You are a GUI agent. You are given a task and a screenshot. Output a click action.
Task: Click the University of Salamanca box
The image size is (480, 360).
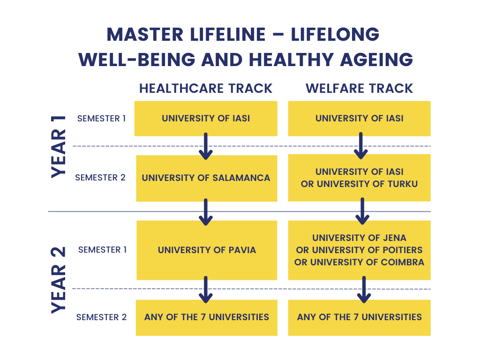206,178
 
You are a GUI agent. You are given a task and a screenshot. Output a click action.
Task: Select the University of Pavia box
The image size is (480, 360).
207,250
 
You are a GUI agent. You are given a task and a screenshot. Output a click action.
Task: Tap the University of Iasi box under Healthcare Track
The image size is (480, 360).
206,119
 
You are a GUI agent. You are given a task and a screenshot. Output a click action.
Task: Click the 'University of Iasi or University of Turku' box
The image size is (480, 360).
359,178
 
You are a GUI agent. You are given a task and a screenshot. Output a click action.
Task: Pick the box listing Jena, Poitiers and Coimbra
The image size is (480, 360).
359,250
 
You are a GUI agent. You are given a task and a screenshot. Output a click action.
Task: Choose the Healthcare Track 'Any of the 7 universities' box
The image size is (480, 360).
206,317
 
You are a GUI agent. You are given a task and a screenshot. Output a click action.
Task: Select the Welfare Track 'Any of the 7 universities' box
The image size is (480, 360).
359,317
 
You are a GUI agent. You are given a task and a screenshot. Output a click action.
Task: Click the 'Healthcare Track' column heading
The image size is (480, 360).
206,88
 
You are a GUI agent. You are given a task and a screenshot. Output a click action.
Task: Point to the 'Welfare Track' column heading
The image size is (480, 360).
359,88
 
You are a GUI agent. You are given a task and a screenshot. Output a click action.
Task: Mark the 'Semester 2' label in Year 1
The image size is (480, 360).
100,178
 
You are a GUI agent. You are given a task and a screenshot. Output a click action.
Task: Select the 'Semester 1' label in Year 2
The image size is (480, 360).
102,250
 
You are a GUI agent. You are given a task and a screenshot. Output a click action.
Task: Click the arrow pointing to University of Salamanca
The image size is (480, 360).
206,146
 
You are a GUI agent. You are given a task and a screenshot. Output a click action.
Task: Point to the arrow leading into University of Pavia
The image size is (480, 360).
206,212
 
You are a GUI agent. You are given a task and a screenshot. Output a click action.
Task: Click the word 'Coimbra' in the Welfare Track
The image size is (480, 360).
401,262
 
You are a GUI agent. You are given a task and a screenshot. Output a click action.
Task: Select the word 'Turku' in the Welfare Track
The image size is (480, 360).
401,184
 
